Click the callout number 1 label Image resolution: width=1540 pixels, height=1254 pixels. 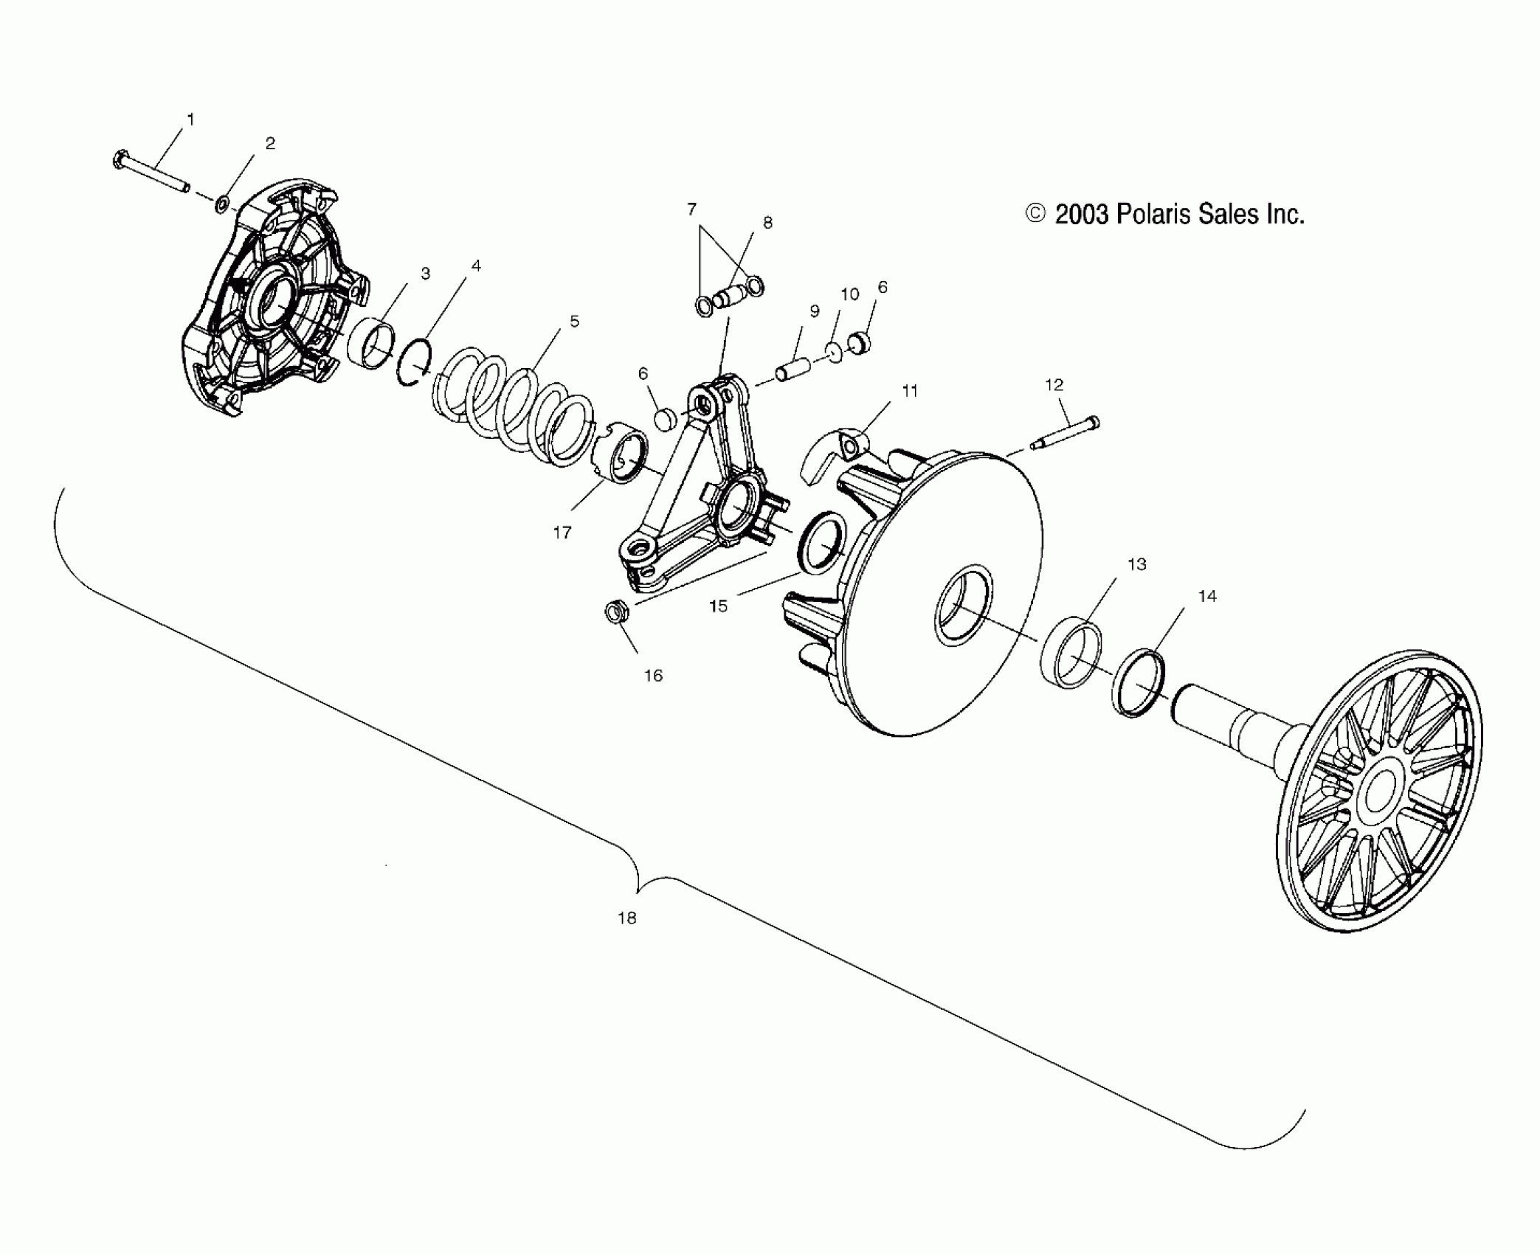(191, 119)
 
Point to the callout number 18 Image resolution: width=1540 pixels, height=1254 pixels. (626, 918)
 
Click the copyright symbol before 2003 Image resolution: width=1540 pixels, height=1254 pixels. (1036, 214)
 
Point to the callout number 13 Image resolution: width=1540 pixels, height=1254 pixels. (1136, 564)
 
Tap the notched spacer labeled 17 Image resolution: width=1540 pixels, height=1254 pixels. (621, 456)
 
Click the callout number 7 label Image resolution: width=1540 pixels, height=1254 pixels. (691, 209)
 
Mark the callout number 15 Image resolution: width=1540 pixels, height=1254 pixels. (718, 606)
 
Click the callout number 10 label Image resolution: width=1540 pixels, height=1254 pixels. (850, 294)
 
